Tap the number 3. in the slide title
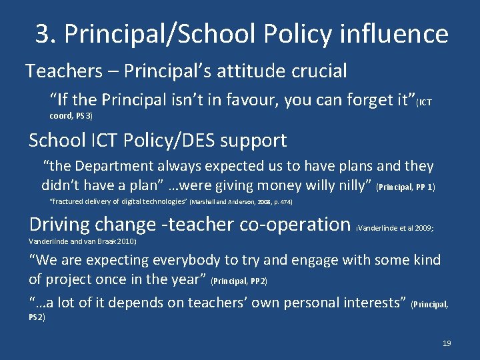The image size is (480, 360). (46, 33)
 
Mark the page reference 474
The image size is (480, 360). (284, 201)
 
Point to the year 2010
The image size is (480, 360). (126, 241)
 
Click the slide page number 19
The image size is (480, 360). (447, 343)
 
